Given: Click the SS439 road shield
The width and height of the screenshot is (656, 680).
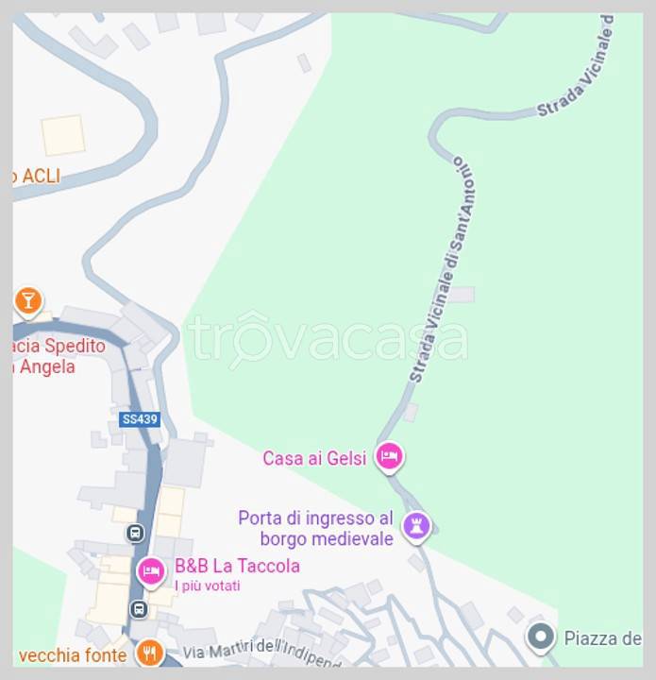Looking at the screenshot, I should point(140,418).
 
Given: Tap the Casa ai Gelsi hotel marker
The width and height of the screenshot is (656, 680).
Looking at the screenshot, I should point(389,458).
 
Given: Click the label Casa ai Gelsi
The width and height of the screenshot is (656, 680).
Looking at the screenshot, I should point(313,458).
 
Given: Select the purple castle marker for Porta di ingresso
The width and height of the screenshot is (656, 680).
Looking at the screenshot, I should point(416,526).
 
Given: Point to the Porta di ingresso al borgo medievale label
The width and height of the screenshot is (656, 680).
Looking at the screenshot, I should point(315,528).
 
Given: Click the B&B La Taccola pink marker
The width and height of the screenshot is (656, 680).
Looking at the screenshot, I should point(151,570).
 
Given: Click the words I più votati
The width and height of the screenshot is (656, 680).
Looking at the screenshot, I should point(208,586).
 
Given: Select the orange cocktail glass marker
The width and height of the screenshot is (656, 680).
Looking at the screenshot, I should point(28,300).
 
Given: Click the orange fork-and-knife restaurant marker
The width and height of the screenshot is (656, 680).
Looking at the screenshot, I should point(149,653).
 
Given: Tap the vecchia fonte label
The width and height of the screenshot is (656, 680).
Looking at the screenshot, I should point(72,654).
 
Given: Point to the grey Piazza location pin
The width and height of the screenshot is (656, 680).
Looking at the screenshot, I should point(540,637).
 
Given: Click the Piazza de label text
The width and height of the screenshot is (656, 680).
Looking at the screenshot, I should point(602,637).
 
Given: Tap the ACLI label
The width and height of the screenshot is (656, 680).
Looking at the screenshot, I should point(38,175).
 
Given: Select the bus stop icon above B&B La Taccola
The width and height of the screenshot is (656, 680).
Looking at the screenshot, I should point(136,534).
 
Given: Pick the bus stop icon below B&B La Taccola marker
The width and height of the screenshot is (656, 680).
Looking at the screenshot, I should point(139,608).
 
